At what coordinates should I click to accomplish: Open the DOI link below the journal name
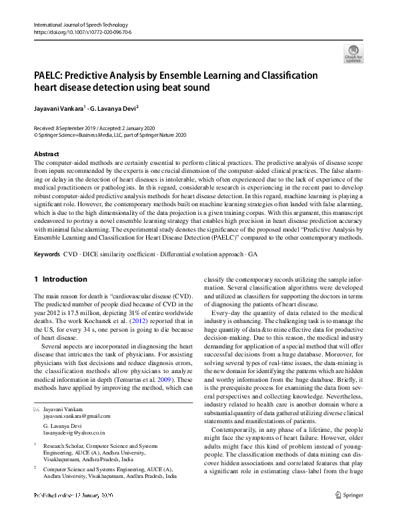coord(81,31)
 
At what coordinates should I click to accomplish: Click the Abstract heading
coord(47,154)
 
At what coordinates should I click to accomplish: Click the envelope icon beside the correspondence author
coord(36,408)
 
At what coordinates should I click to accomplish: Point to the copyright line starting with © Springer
coord(110,134)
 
